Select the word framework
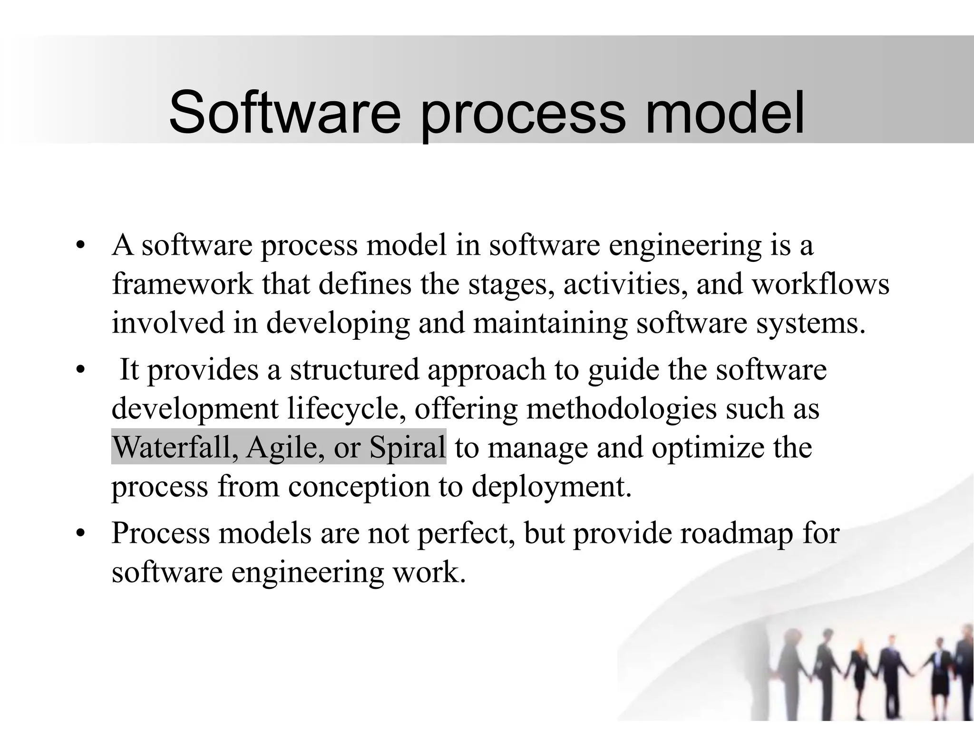click(182, 284)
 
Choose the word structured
click(355, 370)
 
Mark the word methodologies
click(621, 409)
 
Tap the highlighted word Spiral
click(408, 448)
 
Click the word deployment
click(552, 487)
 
